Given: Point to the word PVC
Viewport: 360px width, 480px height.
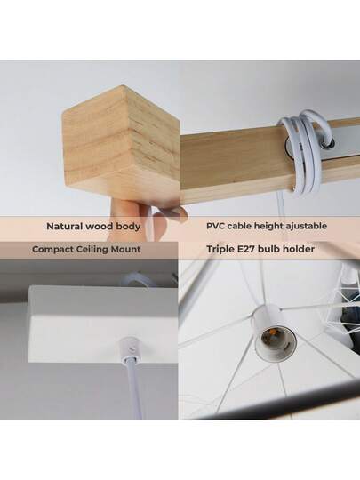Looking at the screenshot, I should [218, 227].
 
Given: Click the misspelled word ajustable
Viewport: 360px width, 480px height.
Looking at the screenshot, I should [301, 227].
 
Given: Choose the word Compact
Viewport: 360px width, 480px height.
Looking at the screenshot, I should [55, 250].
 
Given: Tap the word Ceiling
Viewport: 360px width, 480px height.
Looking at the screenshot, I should [98, 250].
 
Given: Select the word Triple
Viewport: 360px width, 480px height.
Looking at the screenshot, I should [221, 250].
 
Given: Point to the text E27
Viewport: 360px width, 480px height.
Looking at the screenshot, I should [251, 250].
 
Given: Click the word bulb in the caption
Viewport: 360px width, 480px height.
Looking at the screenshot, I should [276, 250].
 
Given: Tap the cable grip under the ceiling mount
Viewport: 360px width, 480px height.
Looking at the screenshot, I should [132, 345].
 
